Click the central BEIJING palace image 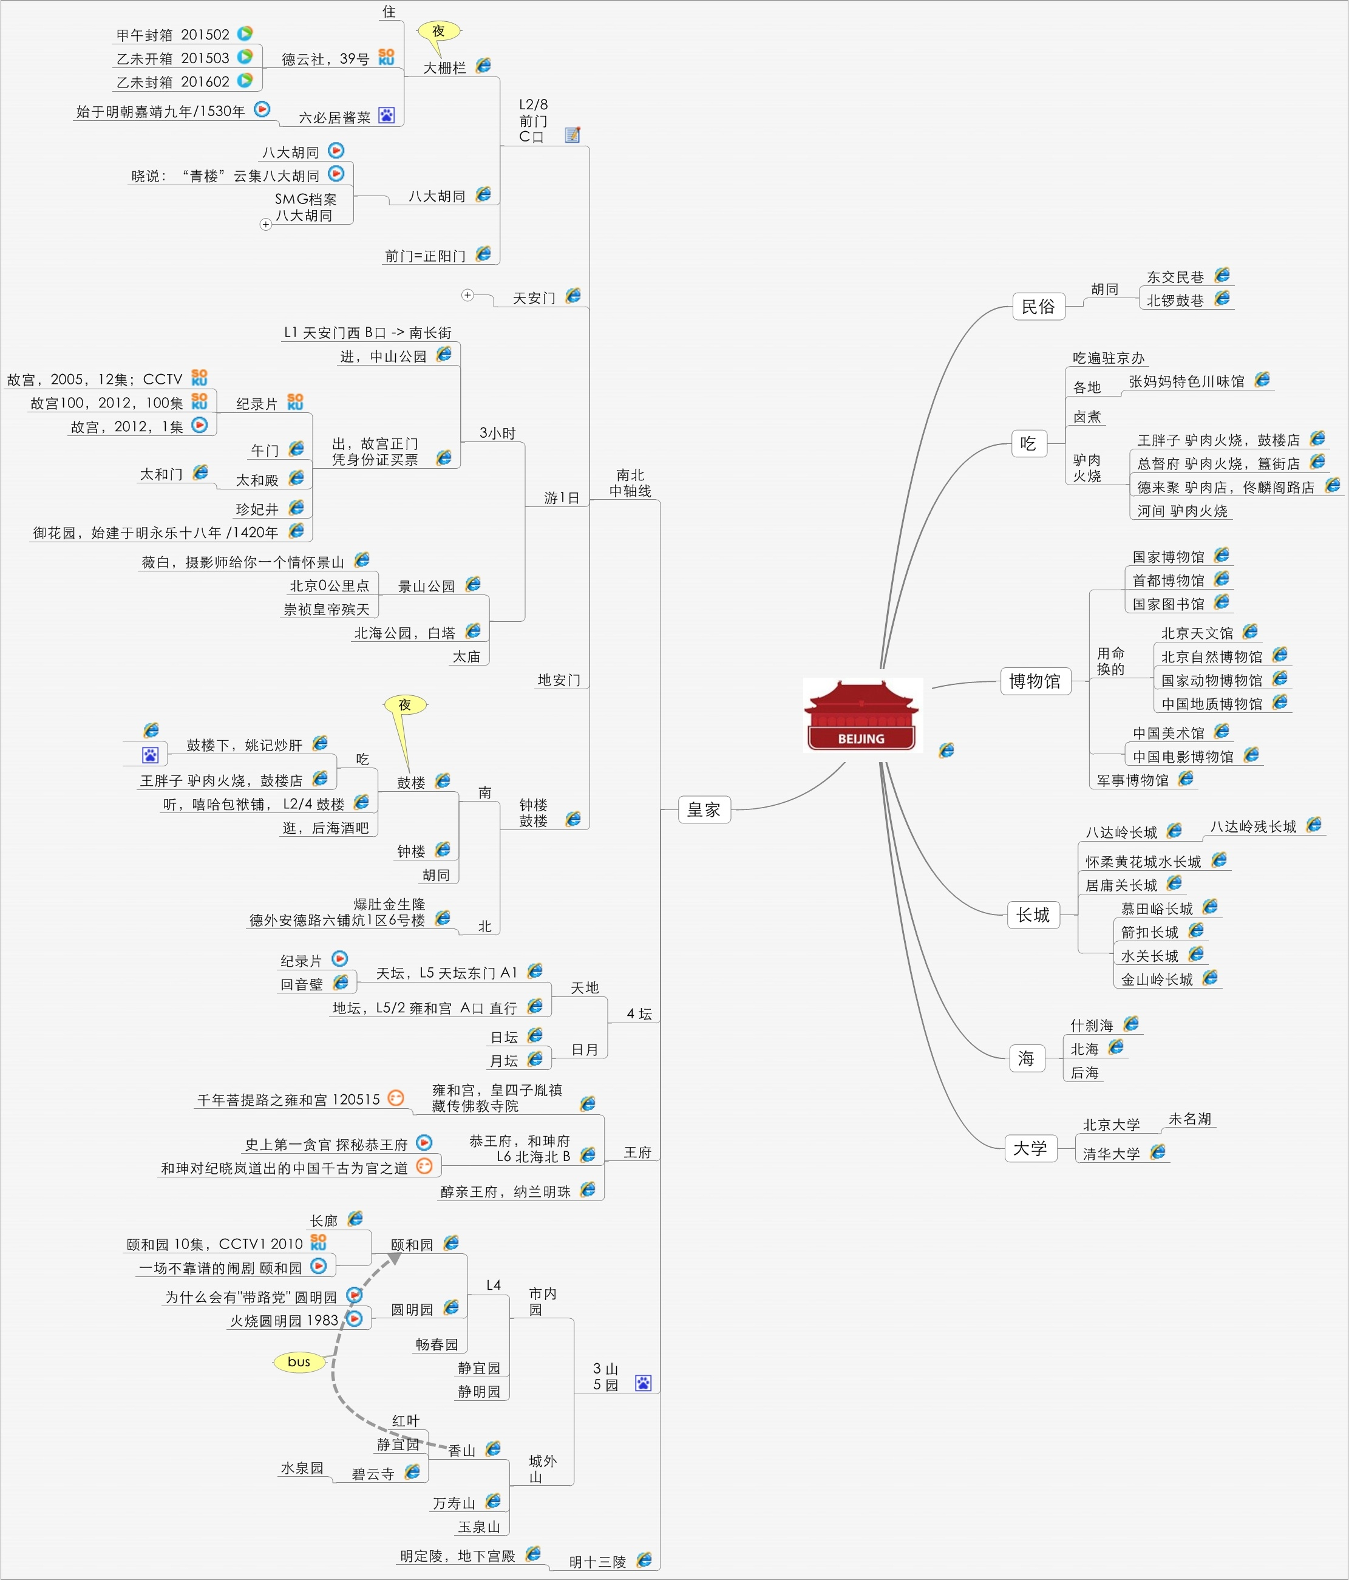point(861,715)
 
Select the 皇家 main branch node point(704,809)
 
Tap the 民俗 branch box point(1038,307)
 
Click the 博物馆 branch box point(1035,681)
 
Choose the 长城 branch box point(1033,914)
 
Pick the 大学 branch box point(1030,1148)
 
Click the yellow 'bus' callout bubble point(299,1361)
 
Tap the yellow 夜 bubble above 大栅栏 point(438,31)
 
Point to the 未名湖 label point(1189,1119)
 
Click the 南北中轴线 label point(630,483)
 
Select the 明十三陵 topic point(597,1562)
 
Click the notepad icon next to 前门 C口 point(573,135)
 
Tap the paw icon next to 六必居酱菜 point(387,116)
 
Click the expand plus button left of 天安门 point(467,295)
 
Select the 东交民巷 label point(1175,277)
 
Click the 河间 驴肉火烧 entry point(1182,511)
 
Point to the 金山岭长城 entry point(1157,979)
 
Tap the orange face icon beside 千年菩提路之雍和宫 point(395,1097)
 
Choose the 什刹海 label point(1091,1026)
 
